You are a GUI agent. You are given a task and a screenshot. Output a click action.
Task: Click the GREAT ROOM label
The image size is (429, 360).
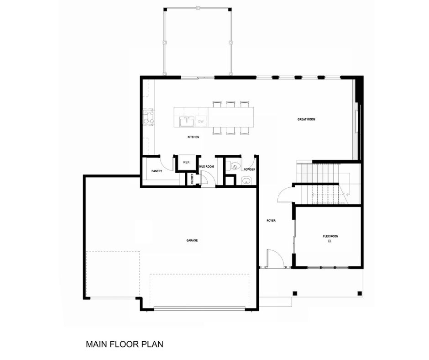306,119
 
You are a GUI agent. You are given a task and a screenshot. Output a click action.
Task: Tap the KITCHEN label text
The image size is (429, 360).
193,137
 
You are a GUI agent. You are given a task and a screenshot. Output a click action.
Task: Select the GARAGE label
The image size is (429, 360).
192,241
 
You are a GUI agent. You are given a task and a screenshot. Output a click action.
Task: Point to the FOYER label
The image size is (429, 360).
271,221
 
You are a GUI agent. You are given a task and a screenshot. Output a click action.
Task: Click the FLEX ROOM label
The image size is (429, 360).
330,236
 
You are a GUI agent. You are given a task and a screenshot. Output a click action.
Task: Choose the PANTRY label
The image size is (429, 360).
157,171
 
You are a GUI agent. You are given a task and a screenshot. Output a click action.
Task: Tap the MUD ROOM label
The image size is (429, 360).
206,167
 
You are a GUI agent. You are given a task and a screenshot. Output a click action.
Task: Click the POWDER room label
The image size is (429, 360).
249,169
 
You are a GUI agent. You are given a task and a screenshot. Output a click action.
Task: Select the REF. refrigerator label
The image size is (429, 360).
186,162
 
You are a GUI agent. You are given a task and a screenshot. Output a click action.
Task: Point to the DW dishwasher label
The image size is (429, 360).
201,122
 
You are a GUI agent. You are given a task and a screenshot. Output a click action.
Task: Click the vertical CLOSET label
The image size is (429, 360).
192,179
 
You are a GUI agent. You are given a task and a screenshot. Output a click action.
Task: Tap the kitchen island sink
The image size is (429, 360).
187,122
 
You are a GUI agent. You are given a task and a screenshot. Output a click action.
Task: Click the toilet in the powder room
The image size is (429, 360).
233,165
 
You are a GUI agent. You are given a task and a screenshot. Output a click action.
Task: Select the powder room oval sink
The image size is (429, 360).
246,181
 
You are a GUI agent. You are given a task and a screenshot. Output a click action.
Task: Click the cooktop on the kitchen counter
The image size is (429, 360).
149,117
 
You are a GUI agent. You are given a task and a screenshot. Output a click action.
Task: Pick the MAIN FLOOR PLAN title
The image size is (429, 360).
125,344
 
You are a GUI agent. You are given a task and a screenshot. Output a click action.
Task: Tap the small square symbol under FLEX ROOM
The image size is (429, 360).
330,241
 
